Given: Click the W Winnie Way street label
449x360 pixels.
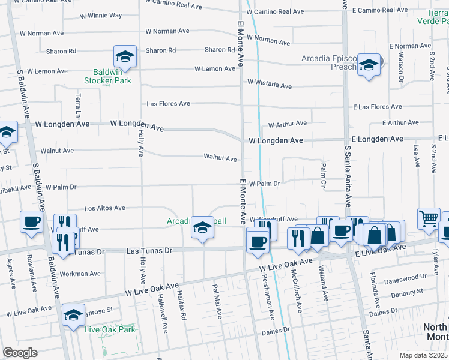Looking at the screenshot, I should pyautogui.click(x=100, y=15).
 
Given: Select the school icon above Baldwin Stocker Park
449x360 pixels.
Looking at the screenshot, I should pyautogui.click(x=125, y=56).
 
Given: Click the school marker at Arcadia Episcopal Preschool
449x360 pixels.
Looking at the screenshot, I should pyautogui.click(x=369, y=65).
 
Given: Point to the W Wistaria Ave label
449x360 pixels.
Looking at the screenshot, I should pyautogui.click(x=270, y=85).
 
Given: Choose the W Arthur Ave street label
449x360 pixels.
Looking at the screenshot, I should pyautogui.click(x=287, y=124).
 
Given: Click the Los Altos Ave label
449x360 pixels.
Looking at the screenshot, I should pyautogui.click(x=104, y=208).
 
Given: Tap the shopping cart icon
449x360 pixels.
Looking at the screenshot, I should pyautogui.click(x=429, y=219).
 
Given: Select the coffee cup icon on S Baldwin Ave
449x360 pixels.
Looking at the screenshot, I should pyautogui.click(x=31, y=222).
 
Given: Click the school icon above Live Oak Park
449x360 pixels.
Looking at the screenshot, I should pyautogui.click(x=73, y=314).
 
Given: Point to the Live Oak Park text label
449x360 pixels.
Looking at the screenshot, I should pyautogui.click(x=110, y=329).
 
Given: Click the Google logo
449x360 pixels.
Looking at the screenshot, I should pyautogui.click(x=20, y=353).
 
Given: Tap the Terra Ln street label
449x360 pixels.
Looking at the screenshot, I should pyautogui.click(x=77, y=106).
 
